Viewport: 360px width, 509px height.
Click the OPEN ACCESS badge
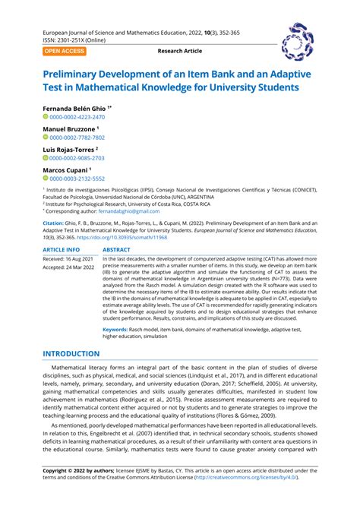pyautogui.click(x=65, y=51)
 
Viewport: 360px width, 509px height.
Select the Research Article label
pyautogui.click(x=180, y=51)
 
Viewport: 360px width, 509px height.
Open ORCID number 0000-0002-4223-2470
pyautogui.click(x=77, y=117)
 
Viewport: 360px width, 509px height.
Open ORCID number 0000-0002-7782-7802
pyautogui.click(x=77, y=138)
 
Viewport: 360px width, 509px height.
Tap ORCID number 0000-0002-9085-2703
pyautogui.click(x=77, y=158)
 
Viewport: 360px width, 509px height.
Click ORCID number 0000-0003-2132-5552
pyautogui.click(x=77, y=178)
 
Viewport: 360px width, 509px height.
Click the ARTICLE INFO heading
pyautogui.click(x=61, y=249)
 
